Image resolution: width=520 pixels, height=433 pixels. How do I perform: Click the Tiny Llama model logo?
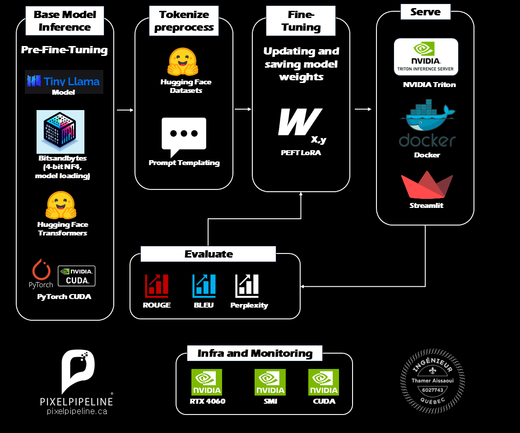pos(64,81)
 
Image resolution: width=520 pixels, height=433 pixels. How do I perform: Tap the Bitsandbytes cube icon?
pos(60,132)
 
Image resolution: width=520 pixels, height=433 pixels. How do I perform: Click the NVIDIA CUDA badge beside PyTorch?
pos(77,276)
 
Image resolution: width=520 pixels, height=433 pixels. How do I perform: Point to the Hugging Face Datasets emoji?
pos(183,62)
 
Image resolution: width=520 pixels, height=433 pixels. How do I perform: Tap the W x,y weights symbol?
pos(301,125)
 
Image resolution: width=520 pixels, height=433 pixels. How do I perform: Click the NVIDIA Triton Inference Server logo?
pos(426,56)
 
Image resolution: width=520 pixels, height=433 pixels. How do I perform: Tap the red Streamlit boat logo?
pos(427,186)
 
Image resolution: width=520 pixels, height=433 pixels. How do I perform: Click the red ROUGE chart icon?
pos(157,286)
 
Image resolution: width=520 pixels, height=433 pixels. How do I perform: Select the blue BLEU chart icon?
pos(204,286)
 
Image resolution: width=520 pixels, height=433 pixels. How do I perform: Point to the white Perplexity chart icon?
pos(247,286)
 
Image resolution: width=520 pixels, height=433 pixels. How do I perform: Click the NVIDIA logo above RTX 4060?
pos(207,382)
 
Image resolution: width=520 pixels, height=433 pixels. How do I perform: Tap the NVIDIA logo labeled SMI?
pos(270,382)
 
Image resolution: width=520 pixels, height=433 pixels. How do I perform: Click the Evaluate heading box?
pos(208,254)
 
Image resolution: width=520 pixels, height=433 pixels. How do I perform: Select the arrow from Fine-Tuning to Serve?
pos(363,109)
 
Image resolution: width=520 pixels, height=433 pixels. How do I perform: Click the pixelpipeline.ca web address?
pos(77,411)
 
